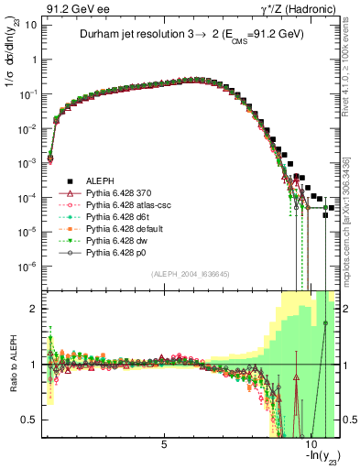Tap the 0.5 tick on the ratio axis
[34, 420]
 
